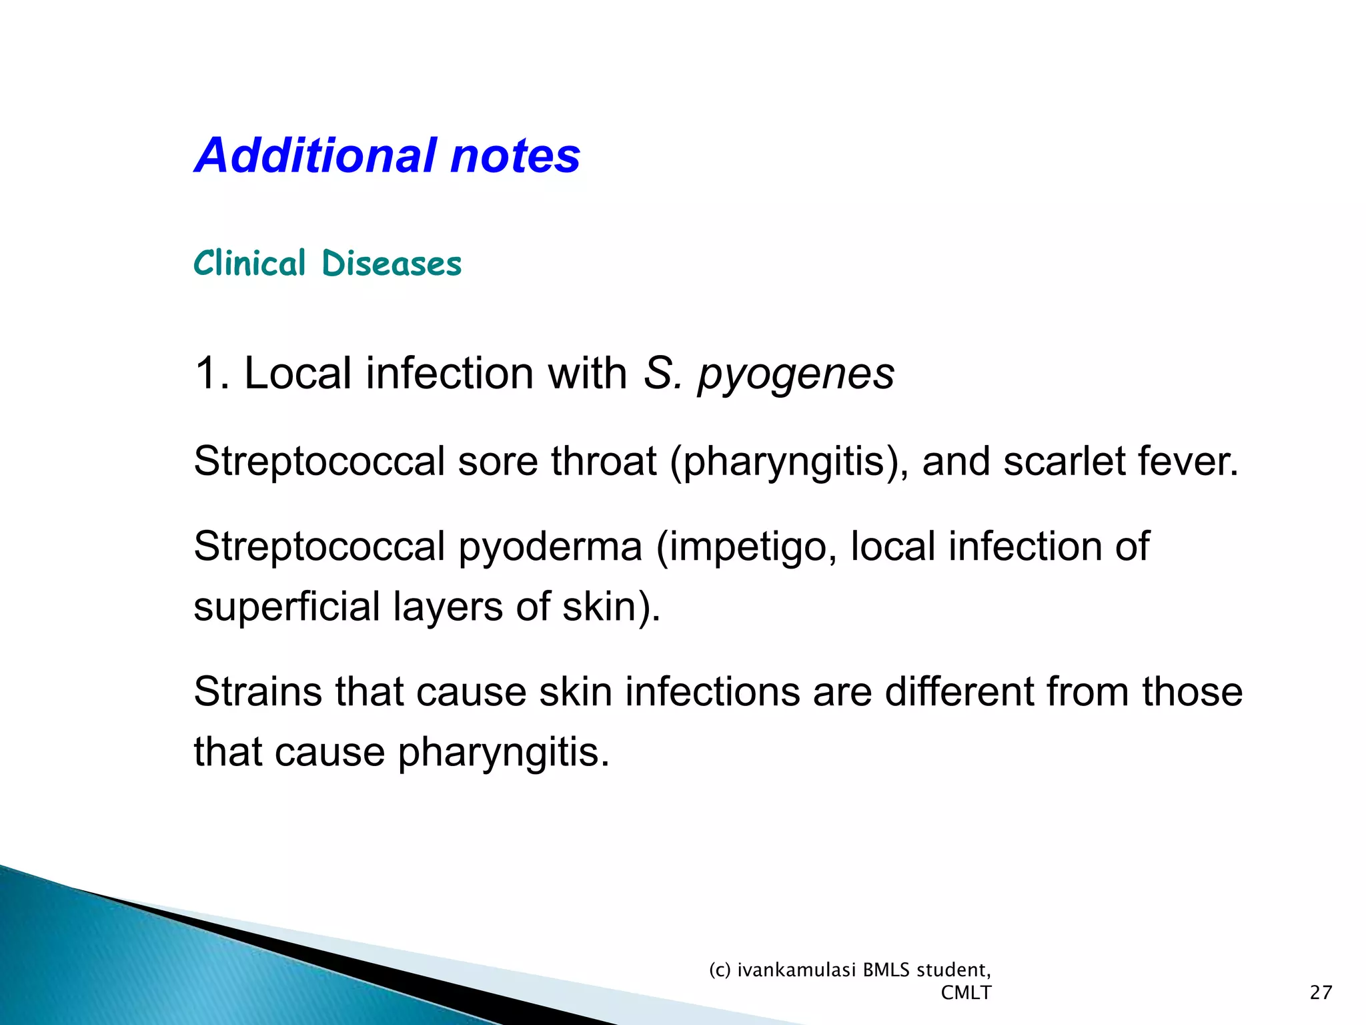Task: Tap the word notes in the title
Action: tap(515, 155)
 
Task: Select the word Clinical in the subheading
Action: tap(249, 263)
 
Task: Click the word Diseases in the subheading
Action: tap(392, 263)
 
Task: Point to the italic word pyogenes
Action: tap(796, 374)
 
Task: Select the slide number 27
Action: tap(1321, 992)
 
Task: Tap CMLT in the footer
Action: tap(966, 993)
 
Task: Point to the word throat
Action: tap(604, 462)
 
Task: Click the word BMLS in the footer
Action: tap(886, 970)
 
